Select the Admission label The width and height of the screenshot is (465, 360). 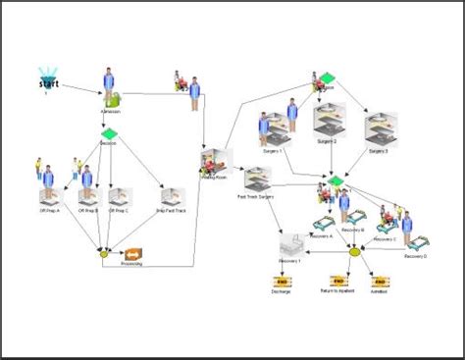pyautogui.click(x=110, y=111)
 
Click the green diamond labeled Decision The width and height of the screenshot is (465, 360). pyautogui.click(x=109, y=134)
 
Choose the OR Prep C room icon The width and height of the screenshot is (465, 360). pyautogui.click(x=119, y=195)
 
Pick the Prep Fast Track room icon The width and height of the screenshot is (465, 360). pyautogui.click(x=174, y=195)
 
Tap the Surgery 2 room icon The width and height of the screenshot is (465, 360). pyautogui.click(x=329, y=123)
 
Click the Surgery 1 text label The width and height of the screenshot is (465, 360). pyautogui.click(x=272, y=151)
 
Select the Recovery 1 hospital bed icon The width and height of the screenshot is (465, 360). pyautogui.click(x=291, y=245)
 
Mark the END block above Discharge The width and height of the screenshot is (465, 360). pyautogui.click(x=281, y=282)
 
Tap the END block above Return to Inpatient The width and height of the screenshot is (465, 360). pyautogui.click(x=336, y=282)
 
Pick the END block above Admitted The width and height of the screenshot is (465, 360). pyautogui.click(x=379, y=282)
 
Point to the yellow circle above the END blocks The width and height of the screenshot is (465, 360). pyautogui.click(x=355, y=252)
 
